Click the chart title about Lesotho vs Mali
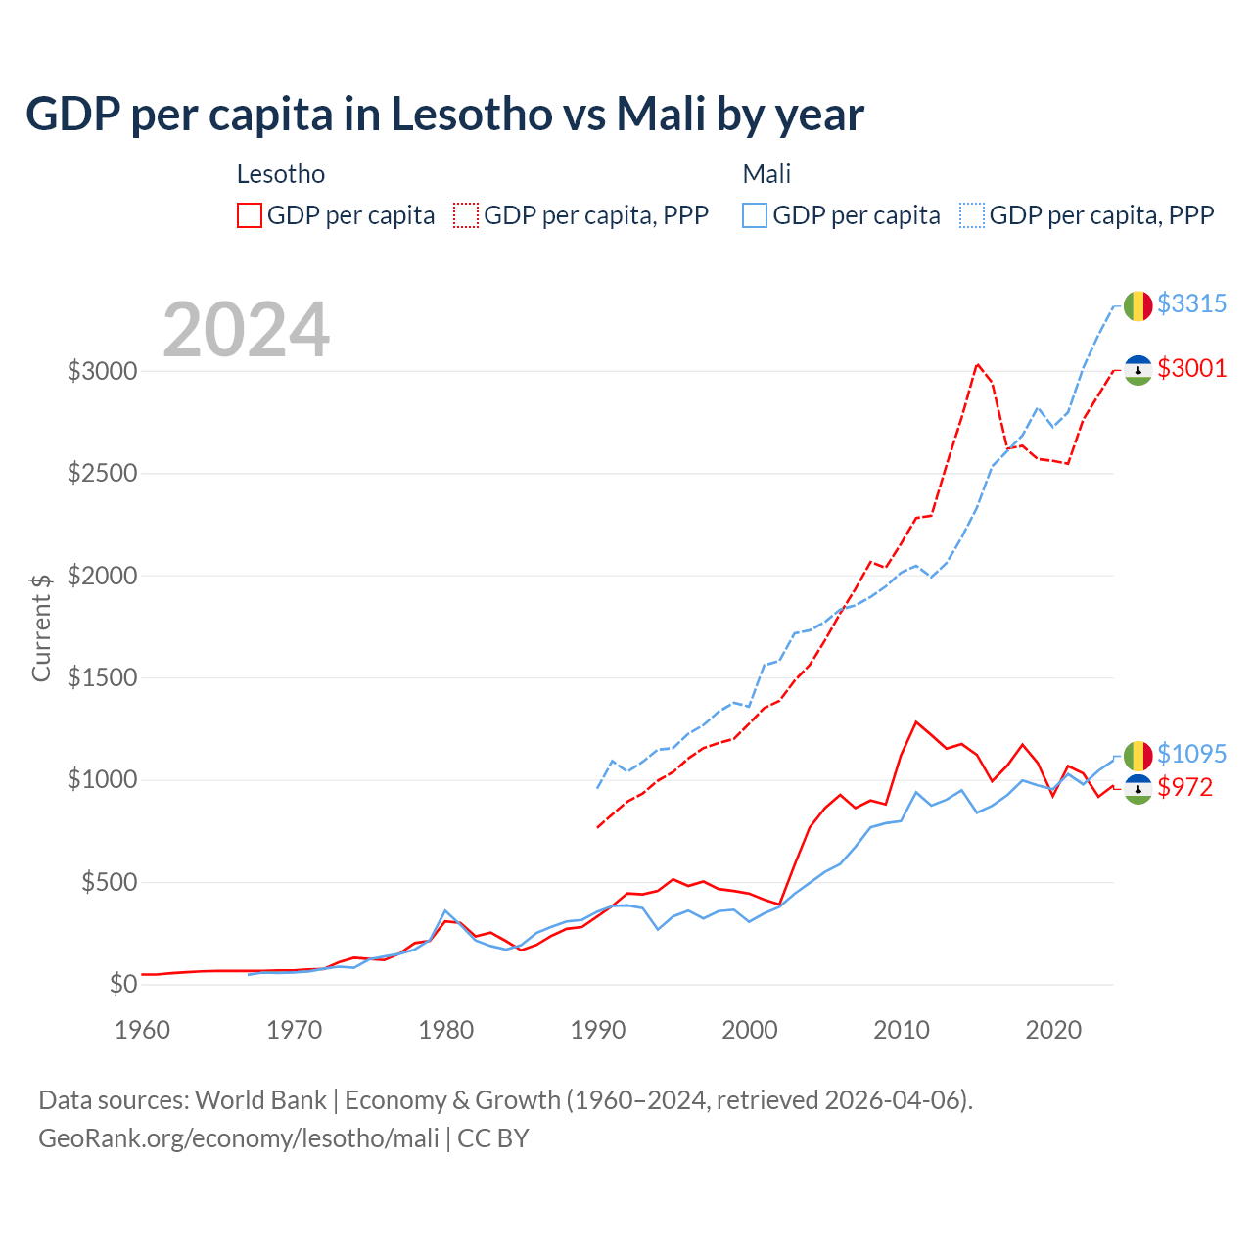[444, 115]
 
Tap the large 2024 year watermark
[246, 330]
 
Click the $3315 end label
[1191, 303]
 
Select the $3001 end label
[1191, 368]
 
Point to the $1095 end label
[1191, 754]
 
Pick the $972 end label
[1184, 787]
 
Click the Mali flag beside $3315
[1137, 305]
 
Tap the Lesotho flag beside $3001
[1137, 370]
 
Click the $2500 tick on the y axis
[102, 474]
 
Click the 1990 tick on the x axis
[598, 1030]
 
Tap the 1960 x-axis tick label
[143, 1030]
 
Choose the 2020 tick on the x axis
[1053, 1030]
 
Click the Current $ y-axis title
[41, 627]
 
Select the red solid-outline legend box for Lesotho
[250, 215]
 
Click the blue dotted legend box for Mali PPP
[972, 215]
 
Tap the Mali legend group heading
[766, 174]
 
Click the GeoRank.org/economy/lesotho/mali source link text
[239, 1138]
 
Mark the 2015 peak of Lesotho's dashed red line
[977, 364]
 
